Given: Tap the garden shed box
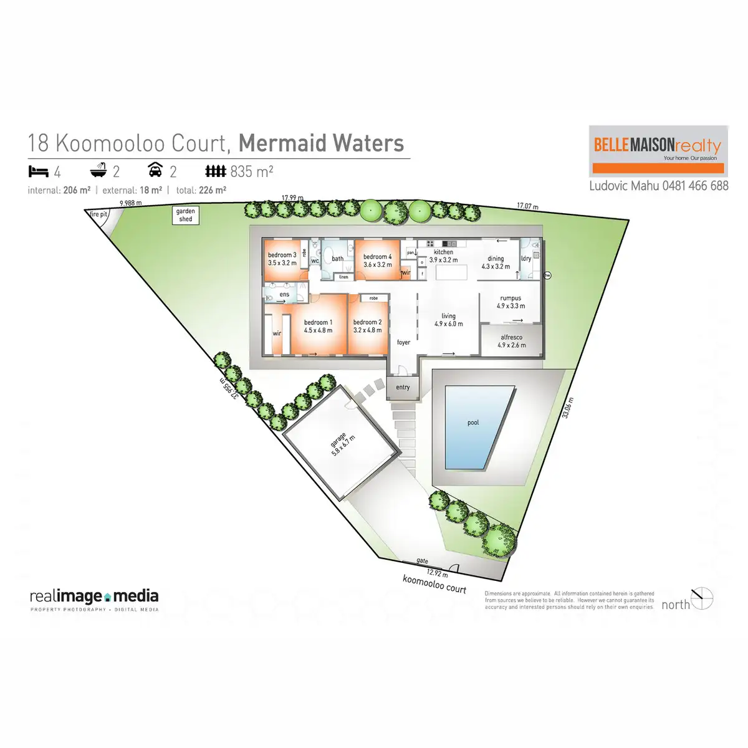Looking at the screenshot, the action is pos(186,215).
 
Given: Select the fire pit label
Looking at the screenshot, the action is pos(98,214).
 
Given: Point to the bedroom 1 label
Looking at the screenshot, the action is pos(318,326).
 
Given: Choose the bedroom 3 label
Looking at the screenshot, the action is pos(282,259).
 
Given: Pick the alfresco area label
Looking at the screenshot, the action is pos(511,341).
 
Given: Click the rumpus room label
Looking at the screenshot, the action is pos(511,302).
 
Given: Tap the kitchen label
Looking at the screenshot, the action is pos(443,256).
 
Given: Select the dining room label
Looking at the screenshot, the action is pos(496,262).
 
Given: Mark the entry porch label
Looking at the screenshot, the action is pos(403,387).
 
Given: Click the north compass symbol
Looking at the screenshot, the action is pos(702,598).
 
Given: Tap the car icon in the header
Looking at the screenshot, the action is pos(155,170).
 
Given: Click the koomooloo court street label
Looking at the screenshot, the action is pos(434,584).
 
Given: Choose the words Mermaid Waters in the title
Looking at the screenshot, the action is pos(321,143).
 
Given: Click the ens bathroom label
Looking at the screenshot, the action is pos(284,294).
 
